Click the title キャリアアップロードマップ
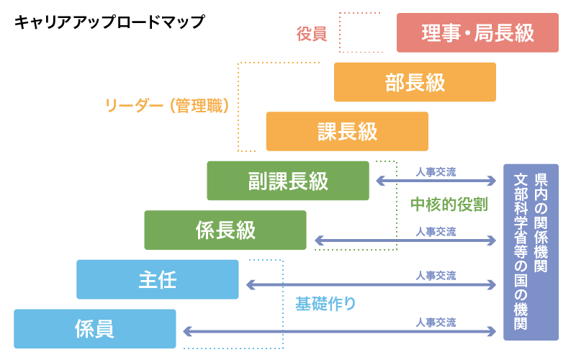(109, 22)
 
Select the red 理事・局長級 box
(477, 33)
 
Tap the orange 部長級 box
(415, 82)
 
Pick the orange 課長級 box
(347, 131)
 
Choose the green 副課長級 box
(288, 180)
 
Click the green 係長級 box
(225, 230)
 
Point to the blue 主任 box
(157, 279)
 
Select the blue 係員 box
(94, 328)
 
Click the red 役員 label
(312, 34)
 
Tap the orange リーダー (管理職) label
(167, 107)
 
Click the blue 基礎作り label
(325, 303)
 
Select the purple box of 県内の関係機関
(530, 252)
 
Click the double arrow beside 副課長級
(436, 181)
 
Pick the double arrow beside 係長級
(405, 240)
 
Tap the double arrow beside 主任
(372, 285)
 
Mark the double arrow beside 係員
(340, 331)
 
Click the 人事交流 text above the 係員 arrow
(436, 322)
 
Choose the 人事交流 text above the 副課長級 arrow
(436, 172)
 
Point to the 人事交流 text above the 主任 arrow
(436, 276)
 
